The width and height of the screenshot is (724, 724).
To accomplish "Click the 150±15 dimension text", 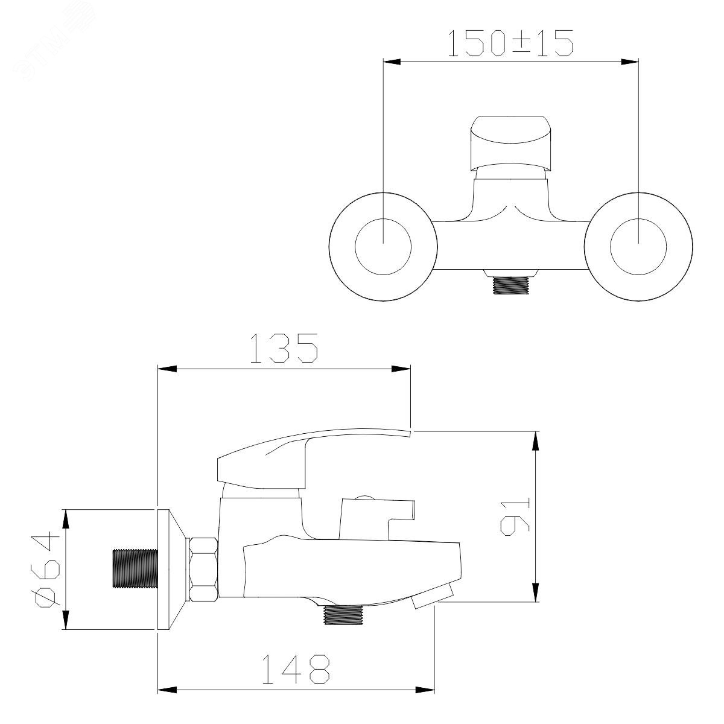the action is [x=510, y=43].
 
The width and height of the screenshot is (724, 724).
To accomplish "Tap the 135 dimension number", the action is [x=284, y=348].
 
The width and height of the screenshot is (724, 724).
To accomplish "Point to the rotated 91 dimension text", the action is [x=515, y=516].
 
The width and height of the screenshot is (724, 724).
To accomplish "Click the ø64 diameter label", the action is [x=48, y=575].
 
